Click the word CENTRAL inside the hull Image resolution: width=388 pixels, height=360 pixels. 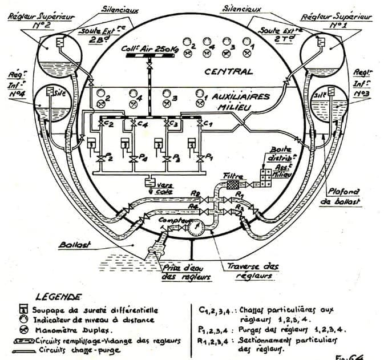(228, 72)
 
